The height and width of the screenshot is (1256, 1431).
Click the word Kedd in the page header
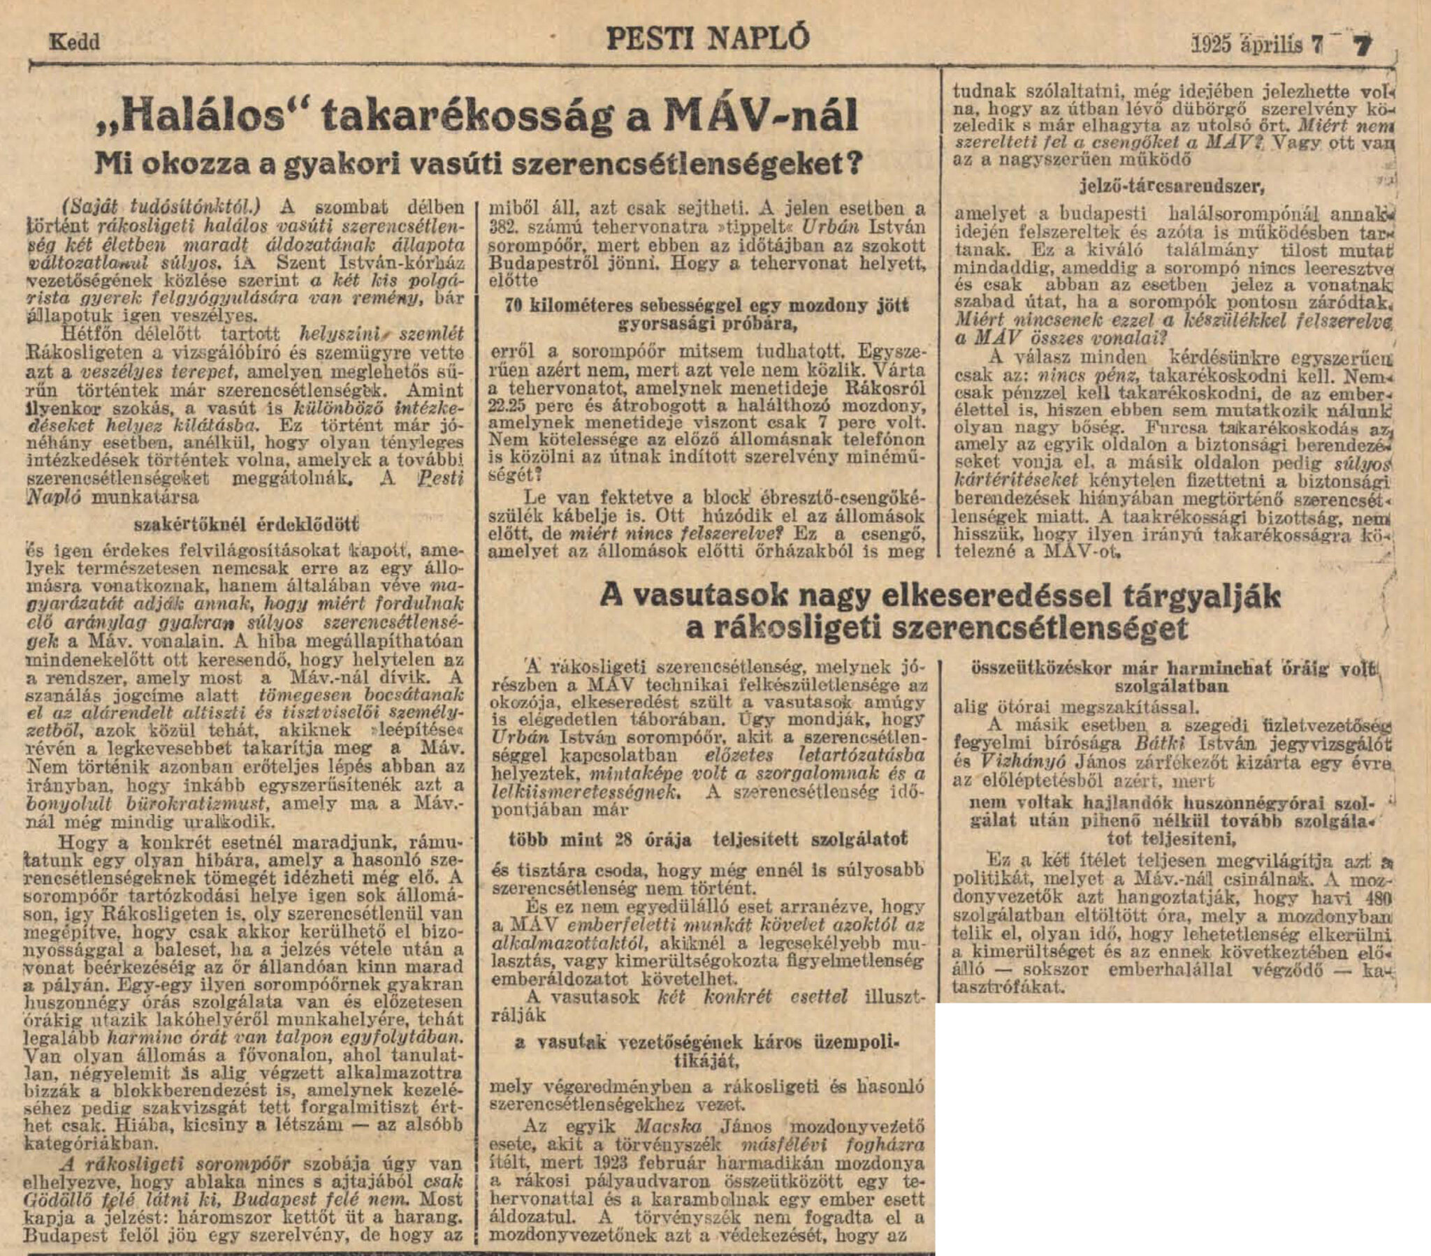click(x=74, y=42)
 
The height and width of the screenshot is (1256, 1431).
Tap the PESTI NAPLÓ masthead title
click(x=707, y=38)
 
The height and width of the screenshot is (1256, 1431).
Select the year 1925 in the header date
click(x=1211, y=45)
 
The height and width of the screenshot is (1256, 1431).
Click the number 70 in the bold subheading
click(x=513, y=306)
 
